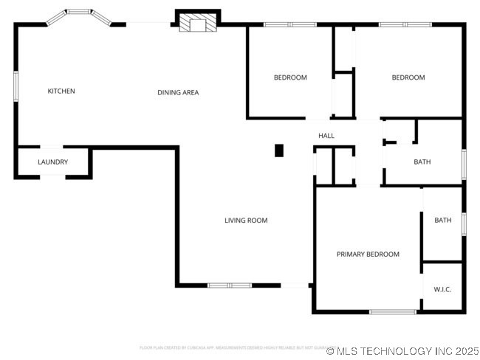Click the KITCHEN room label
pyautogui.click(x=61, y=91)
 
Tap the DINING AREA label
pyautogui.click(x=178, y=92)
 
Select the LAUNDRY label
pyautogui.click(x=52, y=162)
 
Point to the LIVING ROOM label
pyautogui.click(x=246, y=221)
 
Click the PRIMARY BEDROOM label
pyautogui.click(x=368, y=255)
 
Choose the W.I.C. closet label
pyautogui.click(x=442, y=289)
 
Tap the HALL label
pyautogui.click(x=326, y=136)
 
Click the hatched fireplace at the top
pyautogui.click(x=197, y=24)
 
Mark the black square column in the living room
pyautogui.click(x=279, y=150)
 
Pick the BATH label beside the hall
pyautogui.click(x=422, y=162)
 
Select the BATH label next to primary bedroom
pyautogui.click(x=442, y=221)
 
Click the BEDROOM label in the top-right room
pyautogui.click(x=408, y=77)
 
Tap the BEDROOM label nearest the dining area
pyautogui.click(x=290, y=77)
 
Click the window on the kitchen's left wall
pyautogui.click(x=16, y=86)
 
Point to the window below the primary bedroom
pyautogui.click(x=392, y=312)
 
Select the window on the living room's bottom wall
pyautogui.click(x=229, y=285)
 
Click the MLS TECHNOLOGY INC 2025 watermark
pyautogui.click(x=402, y=351)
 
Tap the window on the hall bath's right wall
pyautogui.click(x=464, y=164)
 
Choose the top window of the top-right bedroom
pyautogui.click(x=405, y=25)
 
